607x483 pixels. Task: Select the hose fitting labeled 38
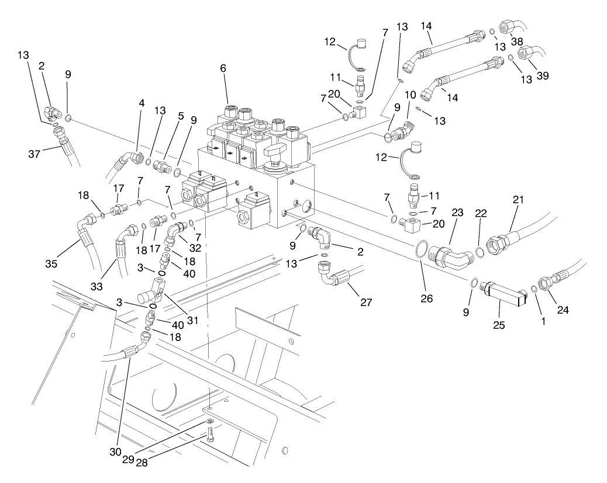click(515, 26)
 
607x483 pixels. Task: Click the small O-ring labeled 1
click(534, 289)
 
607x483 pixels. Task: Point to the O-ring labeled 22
click(478, 252)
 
